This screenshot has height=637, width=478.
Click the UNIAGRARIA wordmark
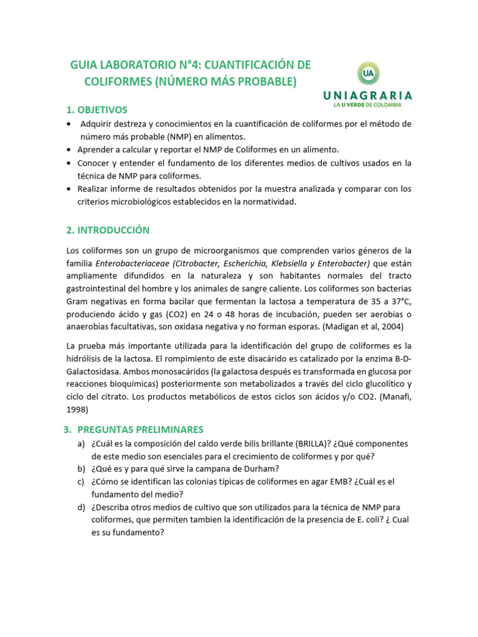367,95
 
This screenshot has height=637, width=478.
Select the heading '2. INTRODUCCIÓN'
108,230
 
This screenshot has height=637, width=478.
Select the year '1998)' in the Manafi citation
77,409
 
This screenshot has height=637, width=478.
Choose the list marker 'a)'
82,444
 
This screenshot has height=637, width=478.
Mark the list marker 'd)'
82,507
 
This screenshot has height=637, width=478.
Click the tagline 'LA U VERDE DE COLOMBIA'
367,105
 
